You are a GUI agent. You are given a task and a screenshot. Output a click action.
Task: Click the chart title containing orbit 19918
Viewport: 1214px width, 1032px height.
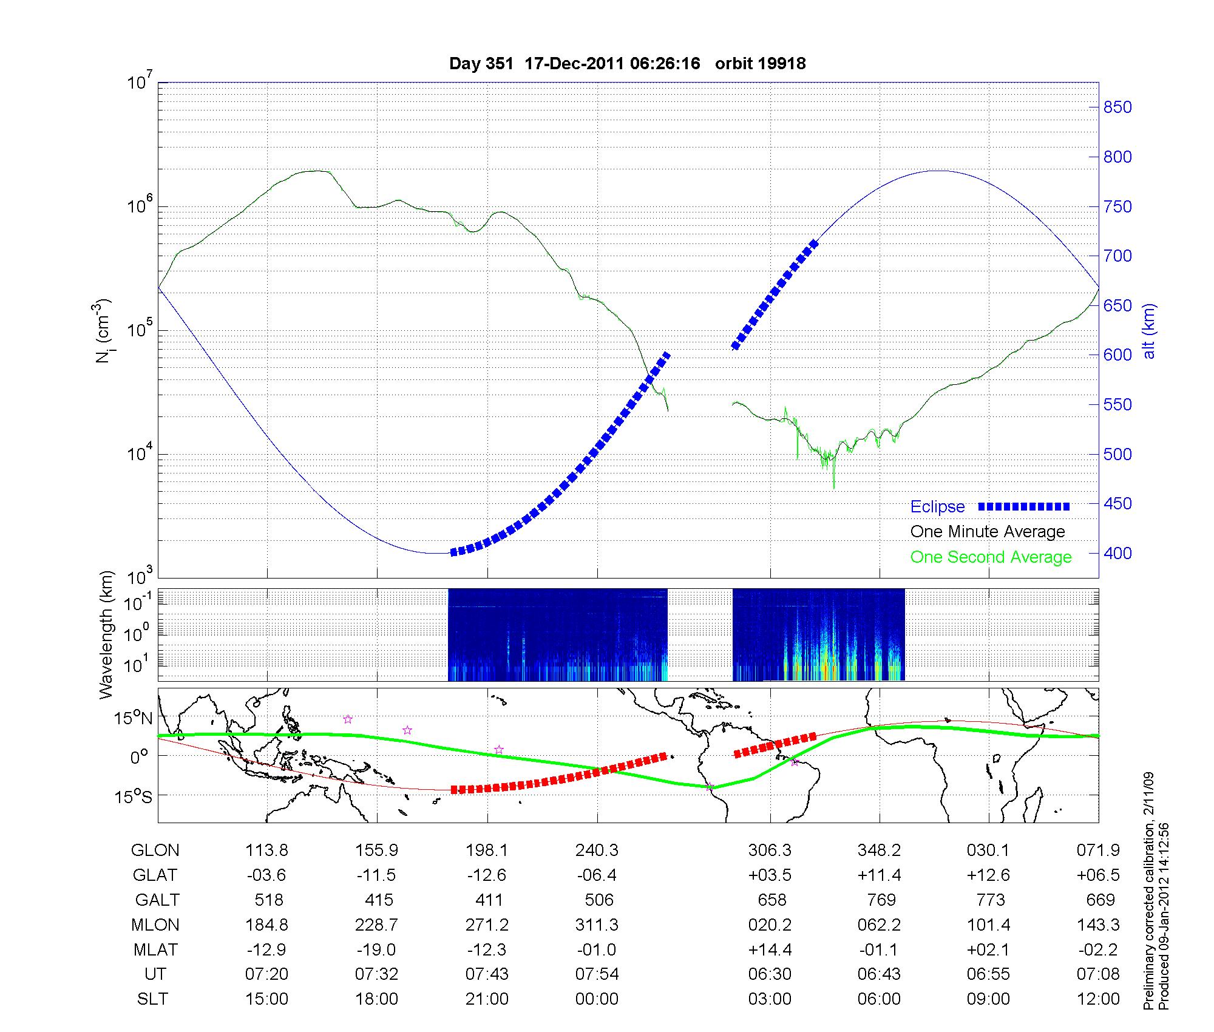click(x=627, y=64)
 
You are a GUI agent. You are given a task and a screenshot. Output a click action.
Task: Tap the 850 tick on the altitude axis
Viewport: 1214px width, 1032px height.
click(x=1117, y=107)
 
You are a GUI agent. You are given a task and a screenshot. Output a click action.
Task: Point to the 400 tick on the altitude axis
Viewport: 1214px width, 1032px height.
click(x=1117, y=553)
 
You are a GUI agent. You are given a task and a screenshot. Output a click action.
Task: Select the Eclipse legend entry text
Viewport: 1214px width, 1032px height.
click(x=937, y=507)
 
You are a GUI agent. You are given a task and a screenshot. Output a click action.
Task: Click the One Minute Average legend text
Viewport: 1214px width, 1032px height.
click(x=988, y=532)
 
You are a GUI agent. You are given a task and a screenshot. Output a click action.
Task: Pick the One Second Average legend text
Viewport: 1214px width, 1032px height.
click(x=991, y=557)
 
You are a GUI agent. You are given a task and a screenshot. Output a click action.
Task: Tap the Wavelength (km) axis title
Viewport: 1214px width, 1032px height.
click(x=106, y=634)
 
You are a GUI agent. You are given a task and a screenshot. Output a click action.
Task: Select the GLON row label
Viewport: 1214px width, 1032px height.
click(x=155, y=850)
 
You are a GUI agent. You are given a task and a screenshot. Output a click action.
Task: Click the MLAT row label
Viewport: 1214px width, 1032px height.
click(x=155, y=949)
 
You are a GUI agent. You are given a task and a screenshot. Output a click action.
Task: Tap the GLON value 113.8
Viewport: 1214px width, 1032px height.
click(x=266, y=850)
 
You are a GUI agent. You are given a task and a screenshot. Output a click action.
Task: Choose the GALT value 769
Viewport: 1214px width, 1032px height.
click(x=881, y=900)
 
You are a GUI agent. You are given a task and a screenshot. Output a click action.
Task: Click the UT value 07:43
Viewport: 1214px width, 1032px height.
click(x=487, y=974)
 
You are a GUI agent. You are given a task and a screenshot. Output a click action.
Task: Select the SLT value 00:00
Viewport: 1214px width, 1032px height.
click(x=597, y=999)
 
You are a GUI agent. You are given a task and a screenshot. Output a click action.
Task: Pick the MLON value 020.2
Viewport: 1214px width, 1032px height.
click(x=770, y=925)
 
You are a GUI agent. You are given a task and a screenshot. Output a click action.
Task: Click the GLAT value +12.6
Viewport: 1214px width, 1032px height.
click(x=988, y=875)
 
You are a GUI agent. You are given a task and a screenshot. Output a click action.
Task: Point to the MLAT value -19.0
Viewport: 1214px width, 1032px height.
click(x=376, y=949)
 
